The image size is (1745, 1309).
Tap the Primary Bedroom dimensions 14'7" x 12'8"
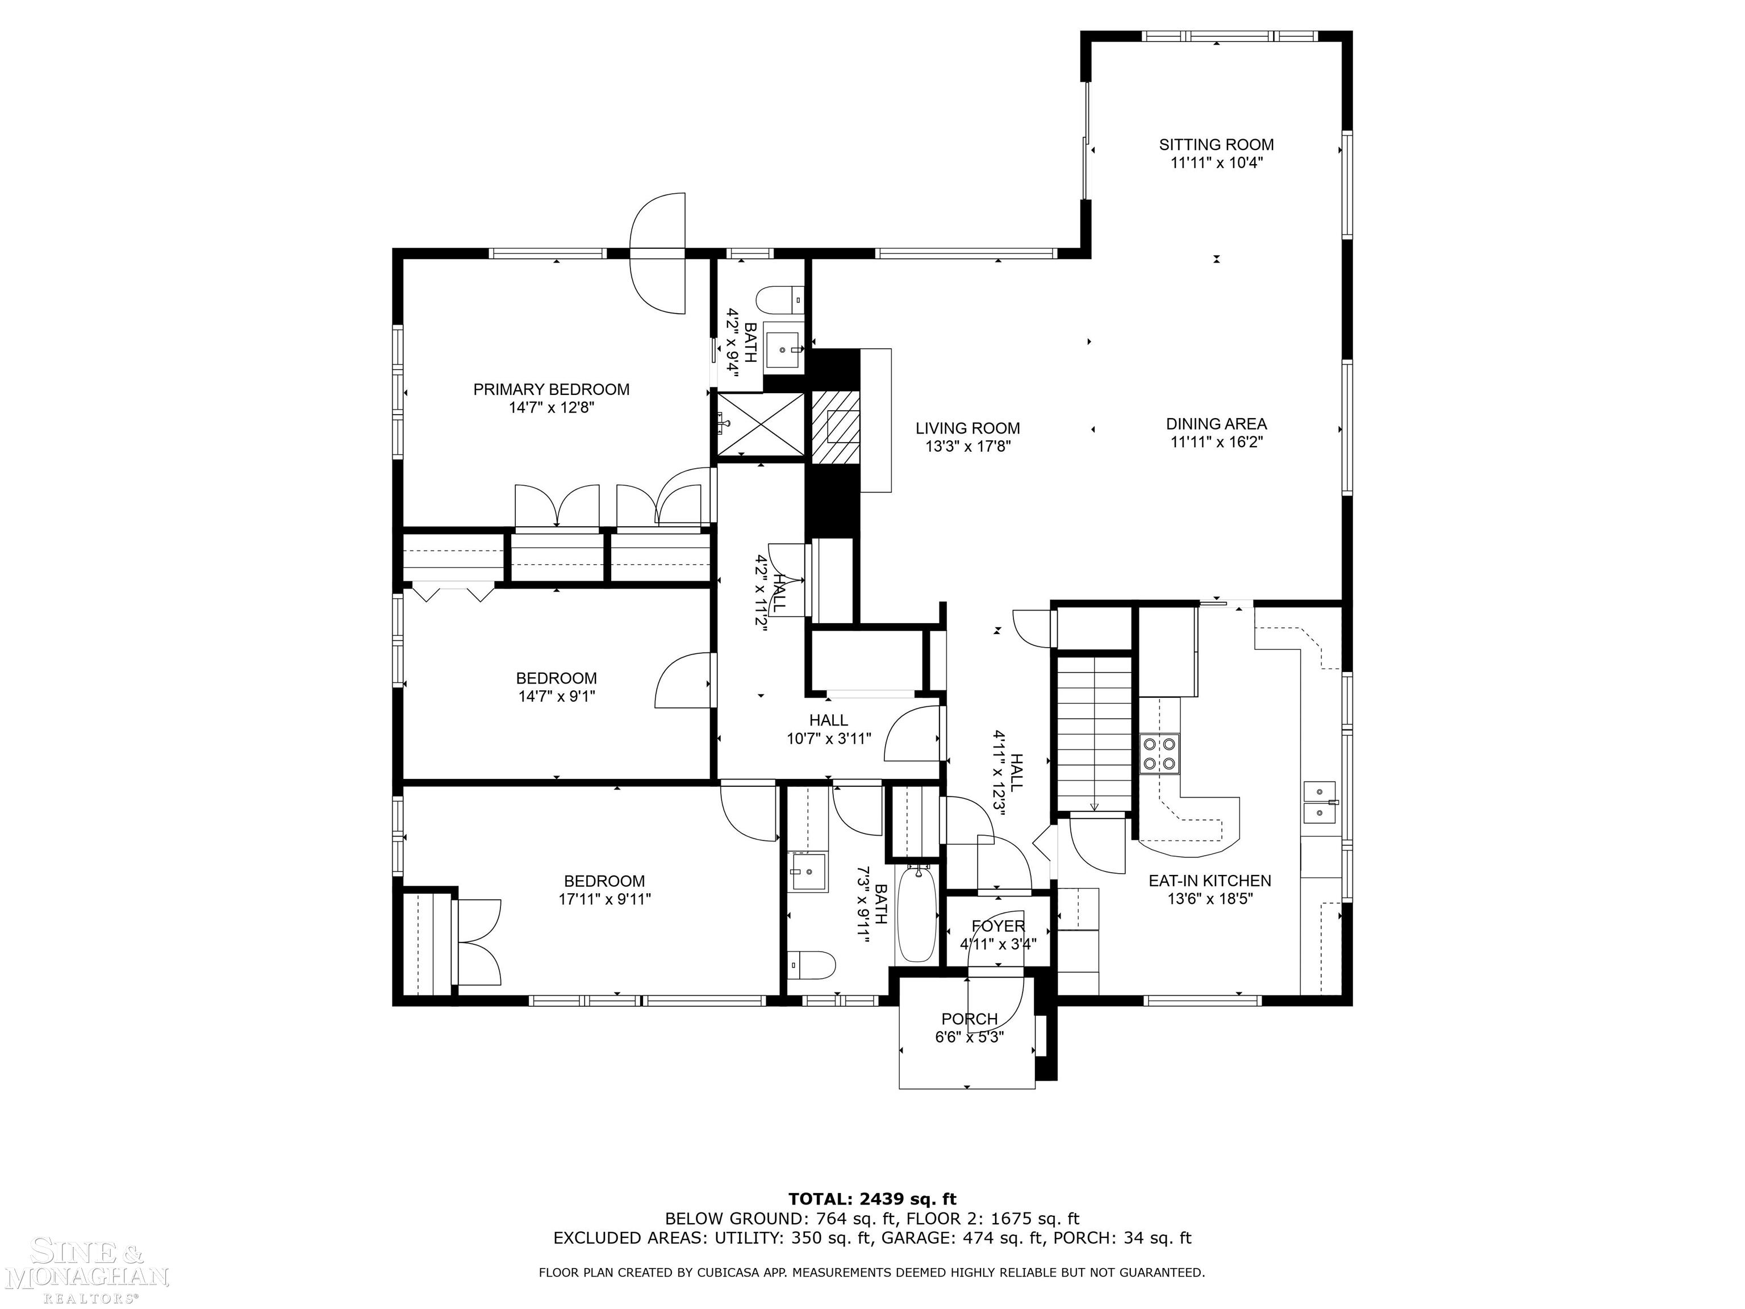tap(552, 408)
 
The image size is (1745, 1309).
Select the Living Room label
tap(968, 428)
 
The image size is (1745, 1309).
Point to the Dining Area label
tap(1217, 424)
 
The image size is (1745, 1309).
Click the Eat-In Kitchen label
tap(1209, 881)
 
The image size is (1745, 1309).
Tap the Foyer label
tap(998, 926)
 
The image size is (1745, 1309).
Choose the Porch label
tap(970, 1019)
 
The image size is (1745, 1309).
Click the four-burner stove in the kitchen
tap(1159, 752)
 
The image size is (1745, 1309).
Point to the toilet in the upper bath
tap(780, 300)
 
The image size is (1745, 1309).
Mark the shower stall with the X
tap(761, 424)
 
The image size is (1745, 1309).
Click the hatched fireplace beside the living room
tap(834, 427)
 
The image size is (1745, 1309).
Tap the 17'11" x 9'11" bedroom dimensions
tap(605, 899)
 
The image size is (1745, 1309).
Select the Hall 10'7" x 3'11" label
tap(828, 729)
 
